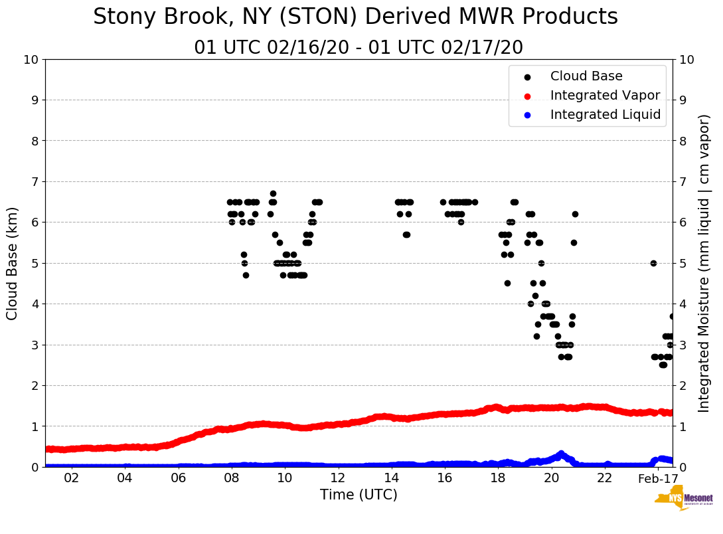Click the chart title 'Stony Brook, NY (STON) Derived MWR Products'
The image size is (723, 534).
pyautogui.click(x=355, y=17)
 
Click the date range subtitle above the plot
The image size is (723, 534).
pyautogui.click(x=359, y=48)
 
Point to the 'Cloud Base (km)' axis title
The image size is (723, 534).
pyautogui.click(x=13, y=263)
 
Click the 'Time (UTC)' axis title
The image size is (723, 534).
pyautogui.click(x=359, y=495)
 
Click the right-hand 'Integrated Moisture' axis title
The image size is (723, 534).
pyautogui.click(x=704, y=263)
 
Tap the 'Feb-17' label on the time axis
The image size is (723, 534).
pyautogui.click(x=657, y=478)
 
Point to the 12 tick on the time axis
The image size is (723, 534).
pyautogui.click(x=338, y=478)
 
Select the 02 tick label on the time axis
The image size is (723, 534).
pyautogui.click(x=72, y=478)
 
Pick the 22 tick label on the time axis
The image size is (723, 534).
pyautogui.click(x=604, y=478)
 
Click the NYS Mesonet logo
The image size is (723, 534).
pyautogui.click(x=683, y=499)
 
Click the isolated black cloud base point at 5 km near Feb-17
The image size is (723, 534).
pyautogui.click(x=653, y=263)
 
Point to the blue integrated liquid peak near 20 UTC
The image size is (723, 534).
pyautogui.click(x=561, y=454)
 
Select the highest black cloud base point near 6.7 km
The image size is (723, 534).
pyautogui.click(x=273, y=194)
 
